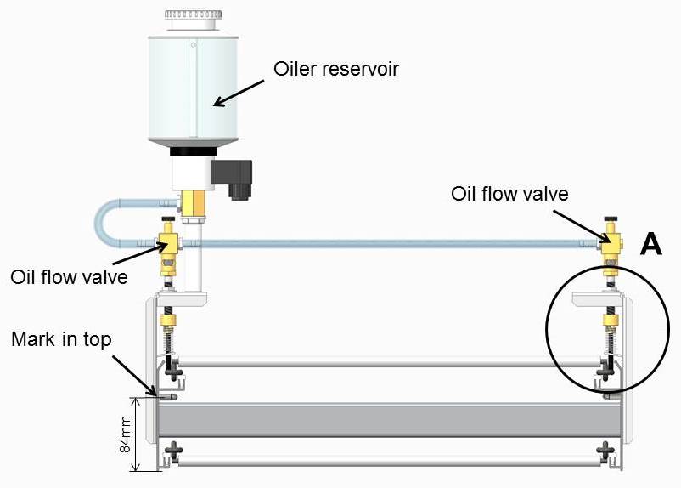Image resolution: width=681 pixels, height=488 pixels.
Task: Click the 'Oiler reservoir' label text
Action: tap(336, 69)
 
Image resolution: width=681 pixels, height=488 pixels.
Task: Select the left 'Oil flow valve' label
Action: tap(69, 277)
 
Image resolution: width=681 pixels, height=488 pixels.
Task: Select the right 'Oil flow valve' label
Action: tap(509, 194)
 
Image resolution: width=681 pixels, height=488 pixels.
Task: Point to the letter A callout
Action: tap(650, 245)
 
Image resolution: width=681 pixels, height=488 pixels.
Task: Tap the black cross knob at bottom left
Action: tap(174, 449)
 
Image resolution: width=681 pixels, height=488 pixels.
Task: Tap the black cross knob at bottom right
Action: tap(605, 448)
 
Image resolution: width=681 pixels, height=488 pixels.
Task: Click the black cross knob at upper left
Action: tap(174, 370)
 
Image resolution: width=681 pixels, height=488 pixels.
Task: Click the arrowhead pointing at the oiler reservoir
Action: tap(217, 103)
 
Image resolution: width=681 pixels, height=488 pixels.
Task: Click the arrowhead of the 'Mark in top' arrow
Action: tap(155, 394)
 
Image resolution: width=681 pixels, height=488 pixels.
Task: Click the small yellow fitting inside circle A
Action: tap(609, 322)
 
